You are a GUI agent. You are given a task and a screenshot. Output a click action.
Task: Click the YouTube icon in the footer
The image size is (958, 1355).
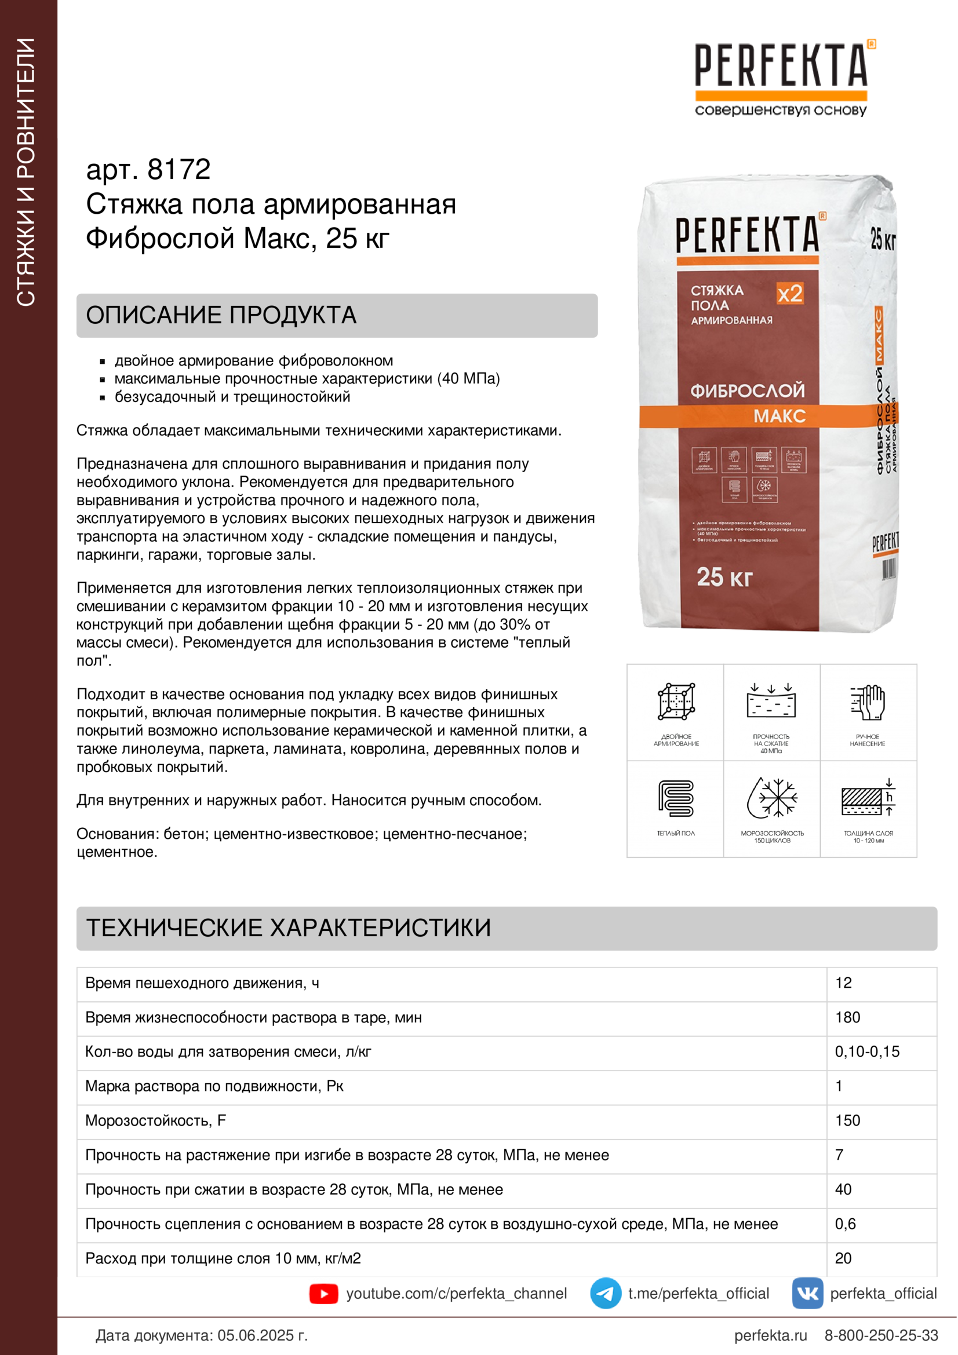tap(323, 1294)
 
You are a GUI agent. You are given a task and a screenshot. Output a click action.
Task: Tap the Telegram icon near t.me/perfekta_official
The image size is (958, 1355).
tap(605, 1293)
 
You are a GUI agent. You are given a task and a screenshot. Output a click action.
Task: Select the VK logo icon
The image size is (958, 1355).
tap(807, 1293)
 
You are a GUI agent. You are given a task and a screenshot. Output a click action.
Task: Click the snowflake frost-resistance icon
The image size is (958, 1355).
tap(772, 797)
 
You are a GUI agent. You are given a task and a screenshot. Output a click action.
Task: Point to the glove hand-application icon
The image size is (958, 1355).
tap(868, 702)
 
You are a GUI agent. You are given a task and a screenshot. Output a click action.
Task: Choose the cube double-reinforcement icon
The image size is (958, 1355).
tap(676, 702)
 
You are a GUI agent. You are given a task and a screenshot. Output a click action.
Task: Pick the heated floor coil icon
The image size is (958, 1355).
tap(676, 798)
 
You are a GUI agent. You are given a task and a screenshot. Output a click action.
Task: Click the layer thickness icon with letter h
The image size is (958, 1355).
tap(868, 798)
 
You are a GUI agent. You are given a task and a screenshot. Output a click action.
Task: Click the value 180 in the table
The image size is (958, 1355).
tap(848, 1017)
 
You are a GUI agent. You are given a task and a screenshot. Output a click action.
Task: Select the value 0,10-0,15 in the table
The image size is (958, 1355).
tap(867, 1051)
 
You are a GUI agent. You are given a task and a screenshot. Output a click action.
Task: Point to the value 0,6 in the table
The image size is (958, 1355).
tap(845, 1224)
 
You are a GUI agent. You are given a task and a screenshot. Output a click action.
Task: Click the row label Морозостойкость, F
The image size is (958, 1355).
tap(155, 1121)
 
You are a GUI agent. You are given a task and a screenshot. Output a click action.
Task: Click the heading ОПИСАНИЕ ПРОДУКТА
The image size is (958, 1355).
tap(221, 315)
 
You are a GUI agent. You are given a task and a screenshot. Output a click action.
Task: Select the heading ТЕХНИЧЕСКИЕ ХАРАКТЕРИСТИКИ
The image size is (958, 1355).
tap(289, 927)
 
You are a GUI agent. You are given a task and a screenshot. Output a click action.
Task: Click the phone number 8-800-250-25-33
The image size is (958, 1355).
tap(881, 1335)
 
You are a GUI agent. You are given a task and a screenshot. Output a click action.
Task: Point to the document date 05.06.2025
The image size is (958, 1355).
tap(262, 1335)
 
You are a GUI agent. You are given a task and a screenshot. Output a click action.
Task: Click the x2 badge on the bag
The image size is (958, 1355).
tap(789, 293)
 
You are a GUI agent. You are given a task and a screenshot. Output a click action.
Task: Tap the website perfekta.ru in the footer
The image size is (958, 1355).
tap(770, 1335)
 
